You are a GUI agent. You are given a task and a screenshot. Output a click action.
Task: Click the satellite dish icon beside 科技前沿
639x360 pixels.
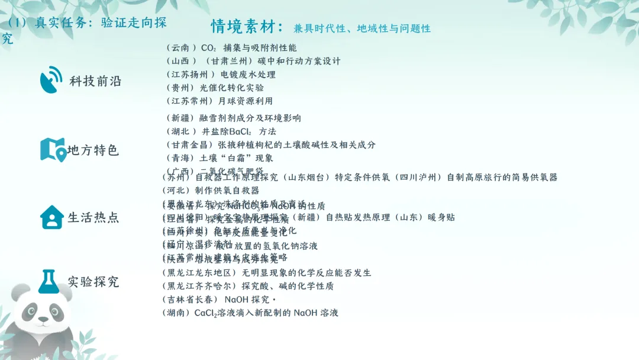pyautogui.click(x=51, y=81)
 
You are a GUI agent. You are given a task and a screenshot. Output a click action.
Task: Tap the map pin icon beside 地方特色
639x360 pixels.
pyautogui.click(x=52, y=150)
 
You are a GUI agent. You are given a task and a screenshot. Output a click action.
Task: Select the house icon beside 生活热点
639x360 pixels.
pyautogui.click(x=51, y=217)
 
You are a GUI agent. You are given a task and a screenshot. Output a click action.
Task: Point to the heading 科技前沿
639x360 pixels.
pyautogui.click(x=95, y=82)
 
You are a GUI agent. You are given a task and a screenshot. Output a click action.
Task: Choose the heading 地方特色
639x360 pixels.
pyautogui.click(x=93, y=150)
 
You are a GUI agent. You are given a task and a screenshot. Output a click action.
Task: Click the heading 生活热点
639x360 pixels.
pyautogui.click(x=93, y=217)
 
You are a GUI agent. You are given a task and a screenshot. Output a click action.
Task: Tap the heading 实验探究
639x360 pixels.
pyautogui.click(x=93, y=282)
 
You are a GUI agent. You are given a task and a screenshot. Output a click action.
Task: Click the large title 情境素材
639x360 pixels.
pyautogui.click(x=248, y=27)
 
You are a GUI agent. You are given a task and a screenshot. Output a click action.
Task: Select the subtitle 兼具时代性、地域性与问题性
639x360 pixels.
pyautogui.click(x=362, y=28)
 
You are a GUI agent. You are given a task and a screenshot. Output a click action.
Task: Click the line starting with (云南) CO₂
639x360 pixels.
pyautogui.click(x=231, y=48)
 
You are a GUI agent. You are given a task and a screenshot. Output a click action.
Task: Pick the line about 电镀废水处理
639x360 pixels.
pyautogui.click(x=221, y=75)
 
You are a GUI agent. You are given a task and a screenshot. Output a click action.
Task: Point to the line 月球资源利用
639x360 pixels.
pyautogui.click(x=220, y=101)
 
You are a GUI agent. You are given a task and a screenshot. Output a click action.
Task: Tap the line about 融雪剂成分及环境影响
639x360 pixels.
pyautogui.click(x=234, y=118)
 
